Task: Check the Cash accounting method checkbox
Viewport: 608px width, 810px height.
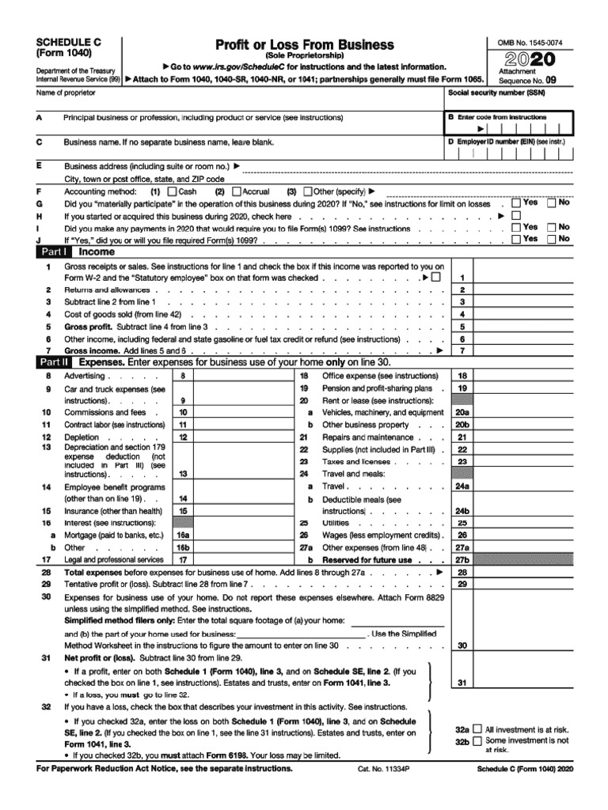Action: (x=173, y=191)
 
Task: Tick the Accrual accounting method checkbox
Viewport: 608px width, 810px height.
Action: (x=236, y=191)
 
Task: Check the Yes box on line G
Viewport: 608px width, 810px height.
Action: (x=516, y=203)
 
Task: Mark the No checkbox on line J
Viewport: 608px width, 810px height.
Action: (x=552, y=239)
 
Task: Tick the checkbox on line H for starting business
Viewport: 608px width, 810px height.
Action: (x=516, y=215)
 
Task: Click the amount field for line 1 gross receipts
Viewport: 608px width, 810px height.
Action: (x=523, y=278)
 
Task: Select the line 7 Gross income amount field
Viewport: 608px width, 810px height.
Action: (x=523, y=350)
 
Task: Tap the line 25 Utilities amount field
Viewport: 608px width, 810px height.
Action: (x=523, y=523)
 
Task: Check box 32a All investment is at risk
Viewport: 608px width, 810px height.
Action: (x=477, y=729)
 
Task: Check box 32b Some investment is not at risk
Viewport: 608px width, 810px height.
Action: (x=477, y=741)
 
